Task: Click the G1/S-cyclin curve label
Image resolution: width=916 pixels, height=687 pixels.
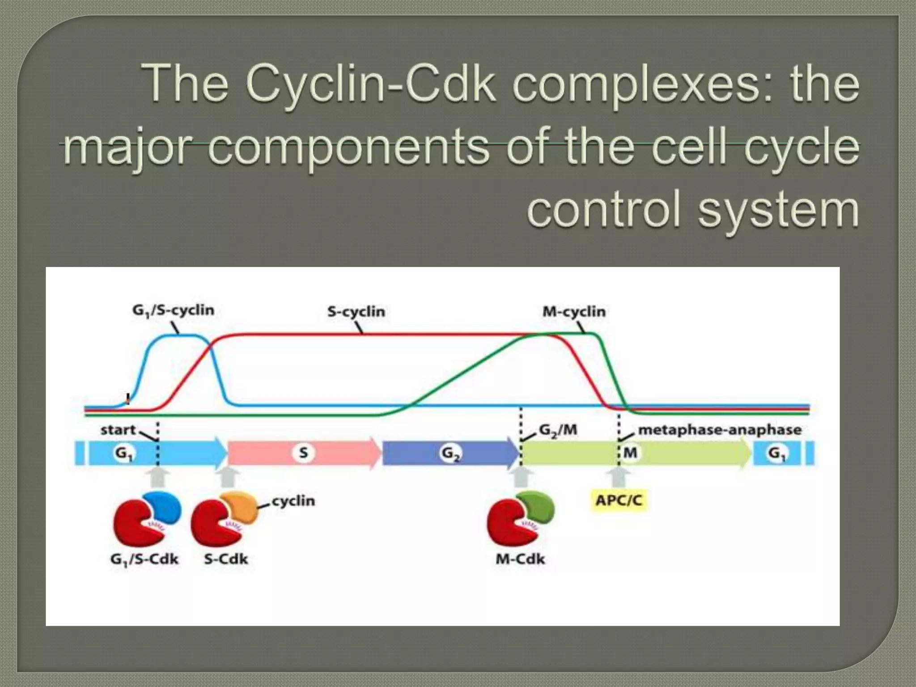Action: point(173,310)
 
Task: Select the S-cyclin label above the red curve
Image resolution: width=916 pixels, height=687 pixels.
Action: point(356,311)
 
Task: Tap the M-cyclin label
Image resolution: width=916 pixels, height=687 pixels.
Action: point(574,311)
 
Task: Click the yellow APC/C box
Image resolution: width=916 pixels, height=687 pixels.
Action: point(619,500)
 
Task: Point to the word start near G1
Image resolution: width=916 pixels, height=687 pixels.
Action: point(118,430)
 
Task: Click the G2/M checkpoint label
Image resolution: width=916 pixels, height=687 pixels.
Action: point(558,430)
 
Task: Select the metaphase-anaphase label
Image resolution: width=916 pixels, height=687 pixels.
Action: point(719,430)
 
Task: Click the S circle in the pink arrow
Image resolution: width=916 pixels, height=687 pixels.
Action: point(303,453)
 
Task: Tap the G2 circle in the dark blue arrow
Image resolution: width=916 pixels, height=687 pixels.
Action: point(450,453)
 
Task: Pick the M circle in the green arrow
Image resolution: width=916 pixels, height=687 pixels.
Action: point(630,453)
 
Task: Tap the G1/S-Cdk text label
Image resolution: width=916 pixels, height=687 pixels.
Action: point(144,559)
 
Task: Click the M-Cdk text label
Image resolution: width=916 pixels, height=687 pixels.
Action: point(520,559)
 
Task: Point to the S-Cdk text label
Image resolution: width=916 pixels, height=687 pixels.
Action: point(226,559)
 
